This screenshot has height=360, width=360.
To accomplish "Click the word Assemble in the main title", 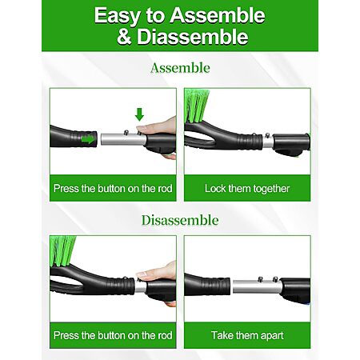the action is pyautogui.click(x=218, y=15).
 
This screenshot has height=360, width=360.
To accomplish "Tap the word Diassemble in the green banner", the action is pyautogui.click(x=193, y=37).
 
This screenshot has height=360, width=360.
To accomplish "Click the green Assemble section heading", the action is pyautogui.click(x=180, y=68).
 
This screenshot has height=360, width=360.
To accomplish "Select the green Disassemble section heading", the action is pyautogui.click(x=180, y=220).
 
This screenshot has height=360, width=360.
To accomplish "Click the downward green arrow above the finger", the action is pyautogui.click(x=139, y=114).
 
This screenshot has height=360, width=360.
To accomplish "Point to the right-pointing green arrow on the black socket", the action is pyautogui.click(x=88, y=138).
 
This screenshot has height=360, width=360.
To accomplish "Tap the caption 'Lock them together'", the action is pyautogui.click(x=247, y=189).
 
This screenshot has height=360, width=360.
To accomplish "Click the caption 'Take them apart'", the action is pyautogui.click(x=247, y=335).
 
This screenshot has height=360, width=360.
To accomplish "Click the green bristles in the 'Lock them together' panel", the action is pyautogui.click(x=197, y=106).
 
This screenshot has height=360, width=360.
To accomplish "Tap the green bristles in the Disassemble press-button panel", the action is pyautogui.click(x=62, y=251).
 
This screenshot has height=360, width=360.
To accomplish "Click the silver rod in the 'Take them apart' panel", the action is pyautogui.click(x=257, y=286).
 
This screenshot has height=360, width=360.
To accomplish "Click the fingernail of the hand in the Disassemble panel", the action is pyautogui.click(x=141, y=274).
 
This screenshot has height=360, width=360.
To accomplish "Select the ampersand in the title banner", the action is pyautogui.click(x=124, y=37).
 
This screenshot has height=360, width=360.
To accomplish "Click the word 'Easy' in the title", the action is pyautogui.click(x=118, y=16).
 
